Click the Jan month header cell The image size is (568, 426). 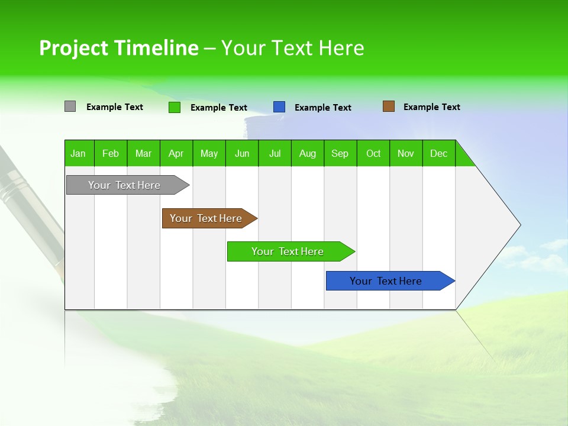pyautogui.click(x=79, y=153)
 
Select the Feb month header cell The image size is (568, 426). pyautogui.click(x=111, y=153)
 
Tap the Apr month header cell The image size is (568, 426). pyautogui.click(x=176, y=153)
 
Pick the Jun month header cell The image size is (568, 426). pyautogui.click(x=242, y=153)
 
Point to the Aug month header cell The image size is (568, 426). pyautogui.click(x=308, y=153)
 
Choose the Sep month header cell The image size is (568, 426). pyautogui.click(x=340, y=153)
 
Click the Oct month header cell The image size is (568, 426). pyautogui.click(x=373, y=153)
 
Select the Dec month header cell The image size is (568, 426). pyautogui.click(x=439, y=153)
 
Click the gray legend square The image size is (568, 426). pyautogui.click(x=70, y=106)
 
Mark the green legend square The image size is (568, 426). pyautogui.click(x=174, y=107)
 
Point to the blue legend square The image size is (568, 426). pyautogui.click(x=279, y=107)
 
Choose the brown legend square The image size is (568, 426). pyautogui.click(x=388, y=106)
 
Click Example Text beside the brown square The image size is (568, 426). pyautogui.click(x=431, y=107)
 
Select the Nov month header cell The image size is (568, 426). pyautogui.click(x=406, y=153)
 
